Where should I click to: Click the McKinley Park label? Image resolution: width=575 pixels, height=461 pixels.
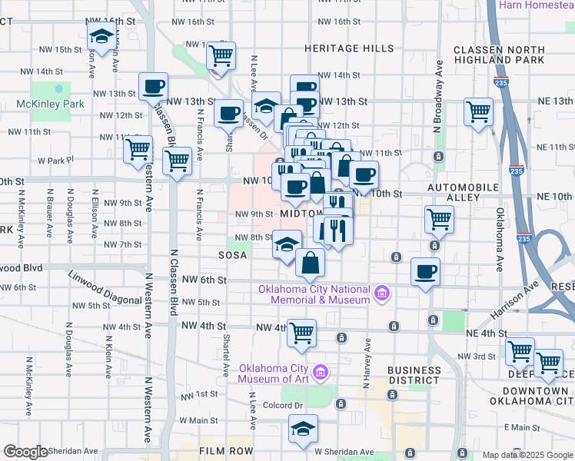[50, 103]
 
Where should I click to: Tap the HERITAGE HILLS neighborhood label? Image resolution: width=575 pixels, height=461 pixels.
[349, 48]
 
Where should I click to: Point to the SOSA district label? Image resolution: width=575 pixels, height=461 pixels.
[232, 255]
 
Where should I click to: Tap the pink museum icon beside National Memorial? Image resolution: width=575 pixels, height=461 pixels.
[381, 293]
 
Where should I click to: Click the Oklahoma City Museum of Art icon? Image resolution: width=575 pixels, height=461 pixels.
[321, 373]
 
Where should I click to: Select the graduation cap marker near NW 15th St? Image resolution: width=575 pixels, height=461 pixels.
[101, 35]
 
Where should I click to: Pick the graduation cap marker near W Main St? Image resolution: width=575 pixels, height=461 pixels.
[304, 429]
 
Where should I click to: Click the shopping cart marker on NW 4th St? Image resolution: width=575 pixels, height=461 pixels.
[301, 333]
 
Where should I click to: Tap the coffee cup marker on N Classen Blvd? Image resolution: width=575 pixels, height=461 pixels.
[153, 86]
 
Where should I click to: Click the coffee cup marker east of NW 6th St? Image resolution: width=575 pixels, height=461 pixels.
[425, 271]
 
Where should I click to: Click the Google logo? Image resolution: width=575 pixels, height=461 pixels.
[25, 452]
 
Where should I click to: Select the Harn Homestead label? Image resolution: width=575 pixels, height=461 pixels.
[536, 5]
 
